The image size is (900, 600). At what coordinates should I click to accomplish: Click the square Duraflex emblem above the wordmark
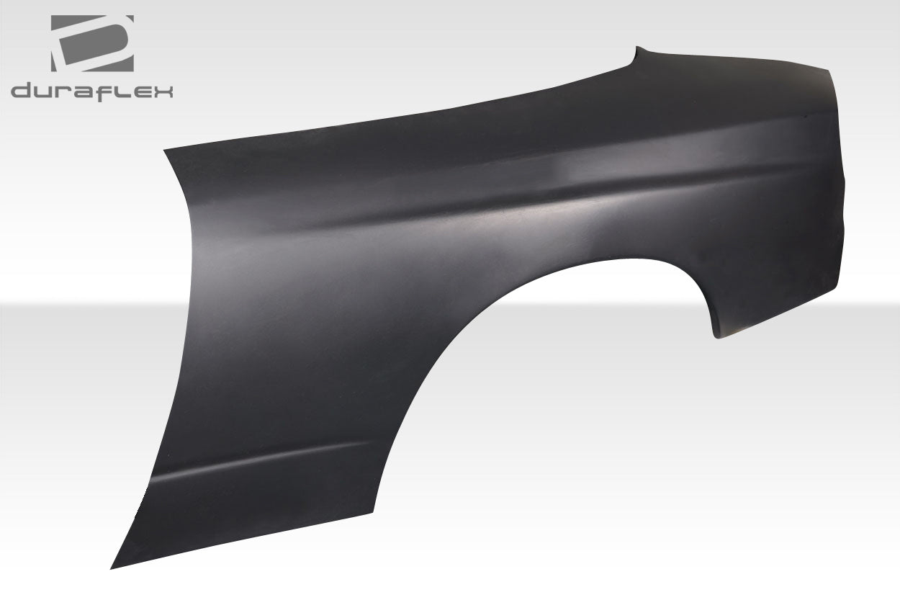pyautogui.click(x=92, y=43)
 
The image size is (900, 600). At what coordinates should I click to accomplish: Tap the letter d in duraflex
pyautogui.click(x=22, y=91)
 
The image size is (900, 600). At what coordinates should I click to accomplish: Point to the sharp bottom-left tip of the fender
pyautogui.click(x=112, y=568)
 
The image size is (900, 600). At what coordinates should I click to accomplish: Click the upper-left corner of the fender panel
pyautogui.click(x=166, y=151)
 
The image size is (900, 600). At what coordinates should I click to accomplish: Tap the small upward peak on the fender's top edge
pyautogui.click(x=637, y=48)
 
